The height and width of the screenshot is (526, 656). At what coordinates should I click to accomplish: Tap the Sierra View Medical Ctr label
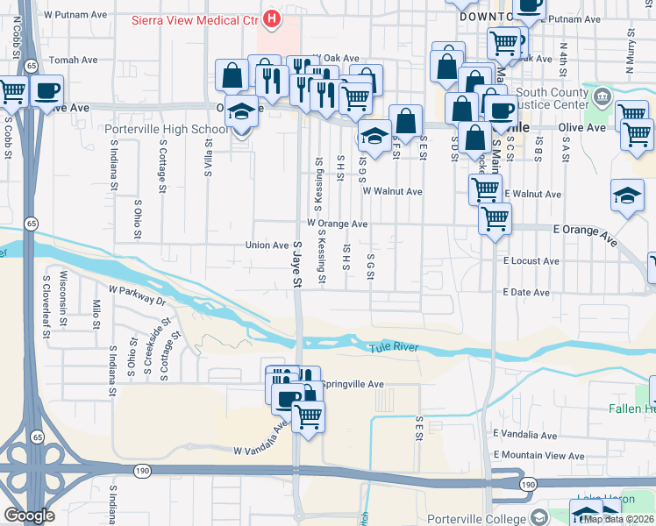click(196, 18)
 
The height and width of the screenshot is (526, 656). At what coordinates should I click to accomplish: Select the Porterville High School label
click(166, 129)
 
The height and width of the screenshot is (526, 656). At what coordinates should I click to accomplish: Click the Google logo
click(29, 515)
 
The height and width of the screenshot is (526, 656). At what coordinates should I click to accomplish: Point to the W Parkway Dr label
click(137, 294)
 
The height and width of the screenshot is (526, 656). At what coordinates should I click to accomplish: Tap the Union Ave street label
click(267, 245)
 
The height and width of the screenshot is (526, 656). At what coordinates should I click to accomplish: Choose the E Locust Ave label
click(531, 261)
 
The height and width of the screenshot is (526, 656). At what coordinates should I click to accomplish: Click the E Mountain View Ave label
click(538, 455)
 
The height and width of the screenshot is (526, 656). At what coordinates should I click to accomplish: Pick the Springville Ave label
click(353, 384)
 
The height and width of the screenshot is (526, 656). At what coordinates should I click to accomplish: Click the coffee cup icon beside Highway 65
click(46, 89)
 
